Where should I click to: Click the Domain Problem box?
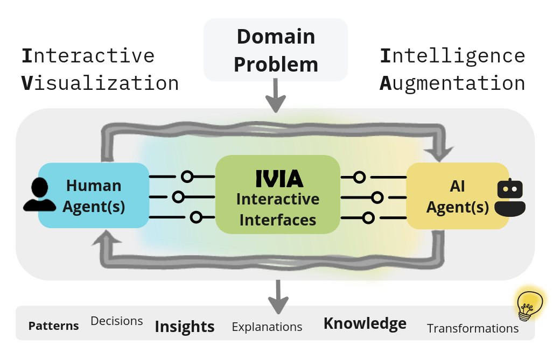click(276, 50)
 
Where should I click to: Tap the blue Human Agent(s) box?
click(94, 196)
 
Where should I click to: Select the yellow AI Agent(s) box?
click(457, 196)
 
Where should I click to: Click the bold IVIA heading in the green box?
click(278, 178)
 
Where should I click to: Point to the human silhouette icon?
click(39, 195)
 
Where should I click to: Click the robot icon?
click(510, 197)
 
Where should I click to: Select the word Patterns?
click(53, 326)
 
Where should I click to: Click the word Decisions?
click(117, 321)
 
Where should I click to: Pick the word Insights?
click(185, 327)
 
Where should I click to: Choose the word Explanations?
click(267, 327)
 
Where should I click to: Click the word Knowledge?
click(365, 323)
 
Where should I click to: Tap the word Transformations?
click(473, 328)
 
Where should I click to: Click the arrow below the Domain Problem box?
click(276, 97)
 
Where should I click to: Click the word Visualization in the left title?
click(100, 83)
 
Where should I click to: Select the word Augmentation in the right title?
click(452, 83)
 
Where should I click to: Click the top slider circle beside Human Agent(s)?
click(187, 177)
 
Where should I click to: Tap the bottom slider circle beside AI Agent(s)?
click(368, 217)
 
